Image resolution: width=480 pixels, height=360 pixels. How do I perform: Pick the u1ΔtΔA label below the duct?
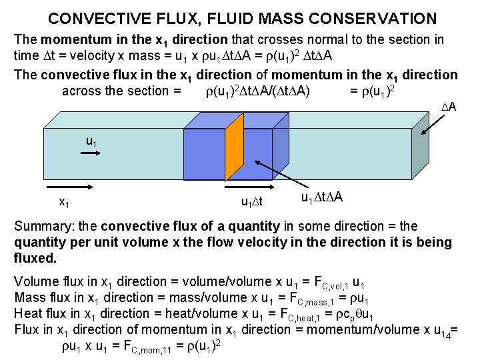[x=323, y=198]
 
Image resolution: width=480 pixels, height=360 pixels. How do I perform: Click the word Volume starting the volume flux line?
[x=35, y=281]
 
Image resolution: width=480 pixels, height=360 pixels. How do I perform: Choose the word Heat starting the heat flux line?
[x=29, y=313]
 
